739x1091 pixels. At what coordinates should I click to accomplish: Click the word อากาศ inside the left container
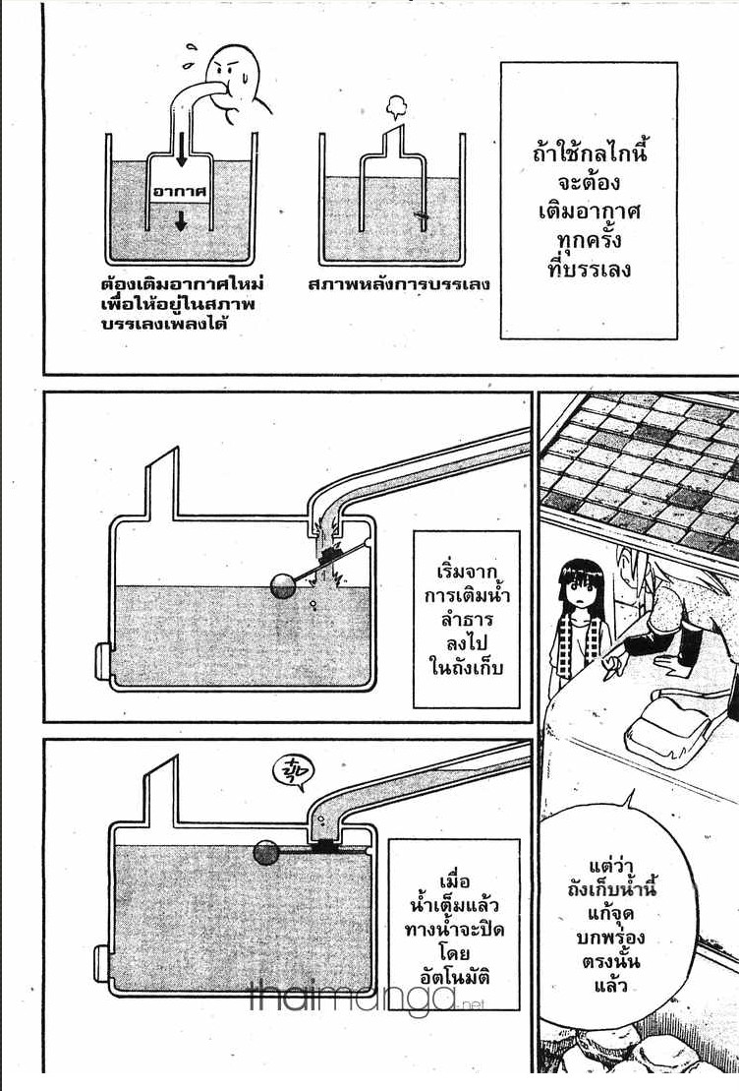tap(181, 191)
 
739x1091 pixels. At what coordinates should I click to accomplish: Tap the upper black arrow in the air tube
tap(182, 150)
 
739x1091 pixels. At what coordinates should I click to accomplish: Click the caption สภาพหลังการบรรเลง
tap(400, 284)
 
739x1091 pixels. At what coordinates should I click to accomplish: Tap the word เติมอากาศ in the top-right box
tap(589, 211)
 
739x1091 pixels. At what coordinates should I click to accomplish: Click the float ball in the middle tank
tap(284, 586)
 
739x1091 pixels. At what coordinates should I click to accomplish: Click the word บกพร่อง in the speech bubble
tap(611, 938)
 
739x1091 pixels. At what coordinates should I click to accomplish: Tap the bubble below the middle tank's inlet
tap(314, 605)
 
